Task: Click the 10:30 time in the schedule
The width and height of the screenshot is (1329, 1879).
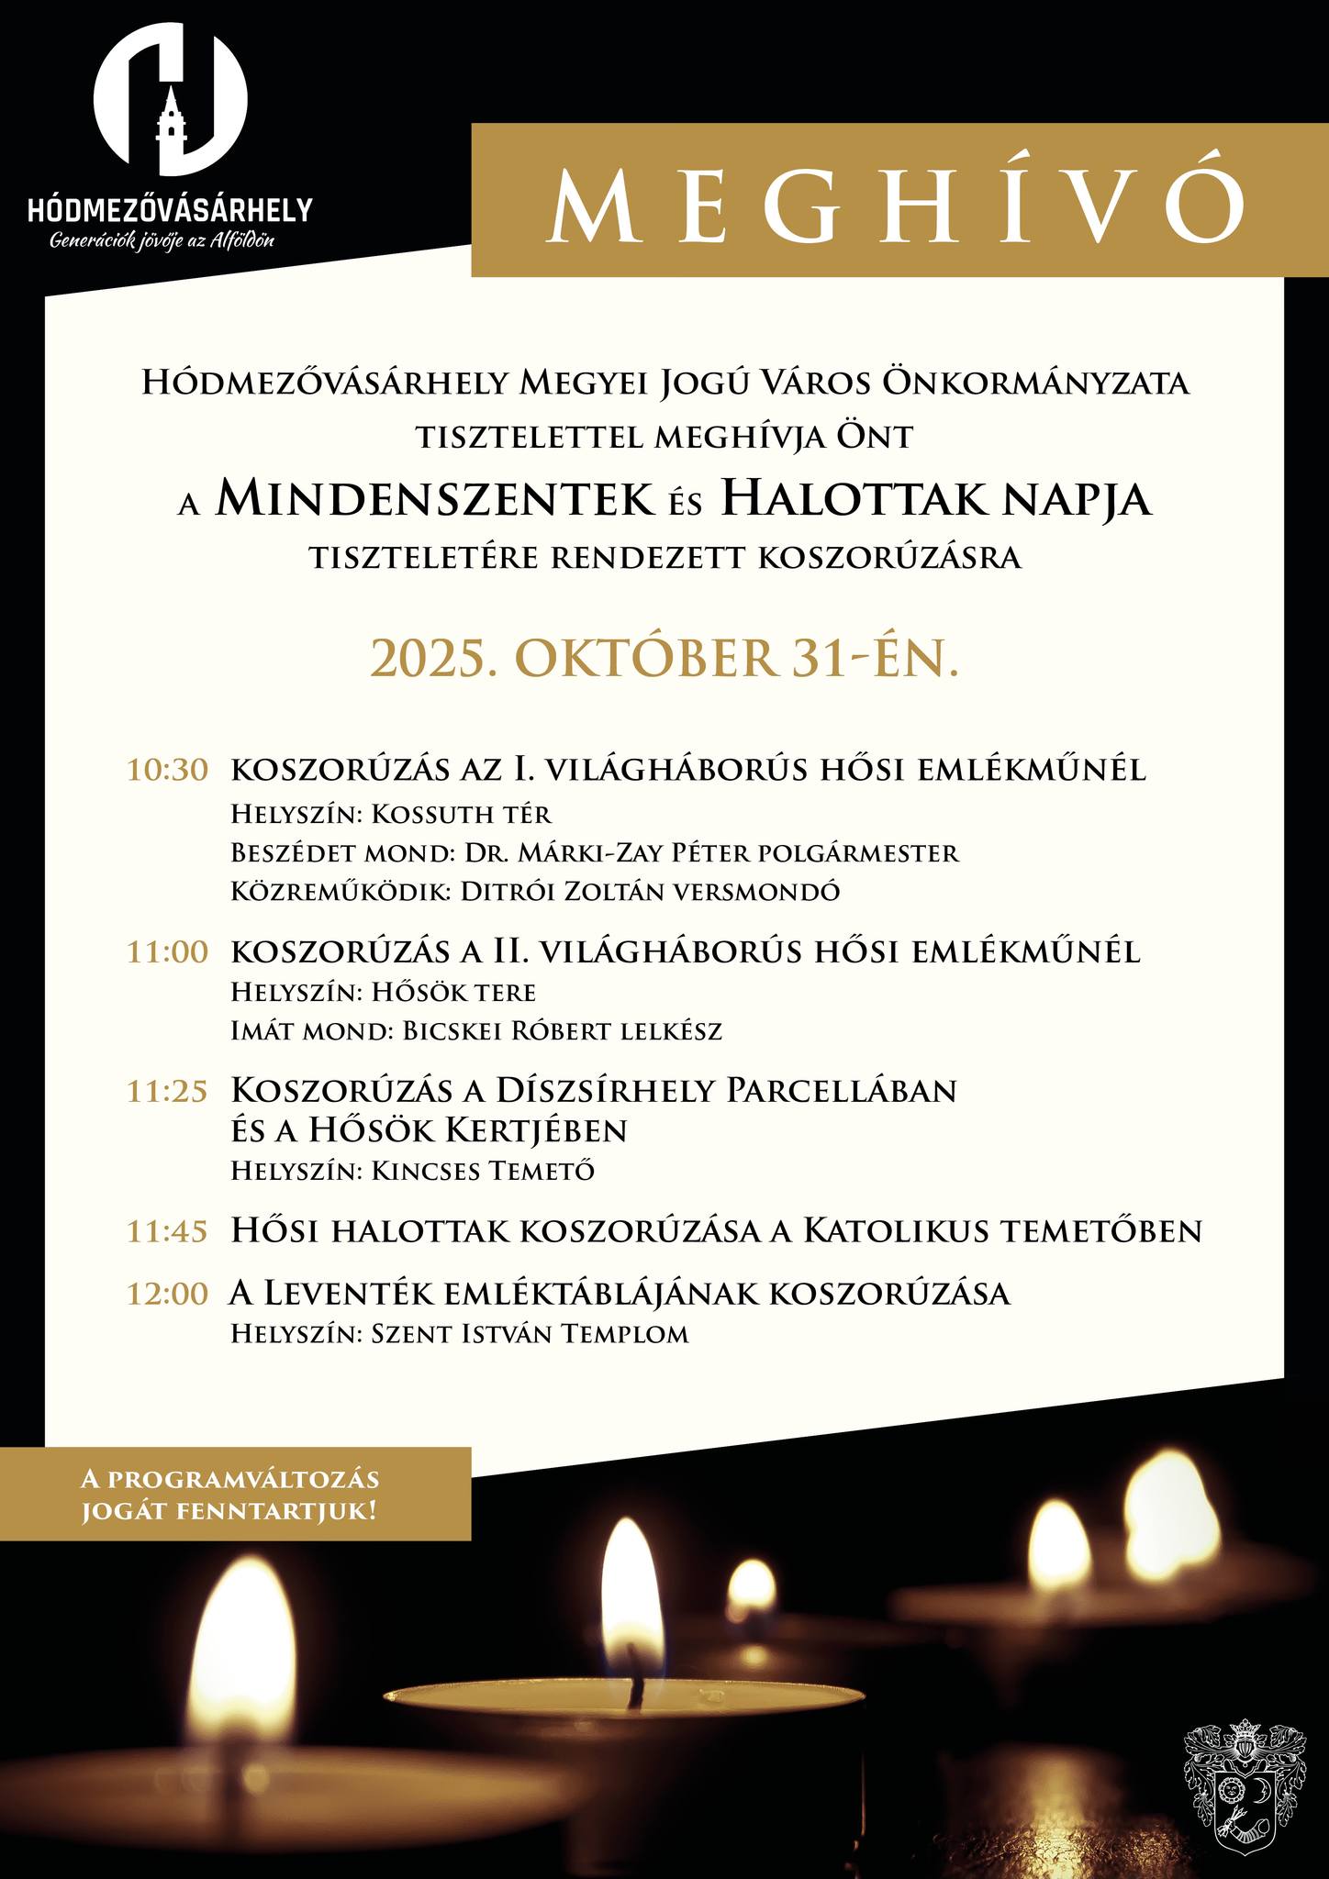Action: [x=168, y=770]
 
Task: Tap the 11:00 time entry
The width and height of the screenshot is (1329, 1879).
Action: [x=168, y=952]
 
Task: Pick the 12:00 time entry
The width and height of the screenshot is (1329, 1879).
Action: [x=168, y=1295]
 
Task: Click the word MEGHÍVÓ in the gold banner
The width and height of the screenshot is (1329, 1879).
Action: [x=898, y=202]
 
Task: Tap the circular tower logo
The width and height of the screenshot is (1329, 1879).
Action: [x=171, y=99]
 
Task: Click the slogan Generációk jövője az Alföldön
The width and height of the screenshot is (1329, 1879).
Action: [x=162, y=241]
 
